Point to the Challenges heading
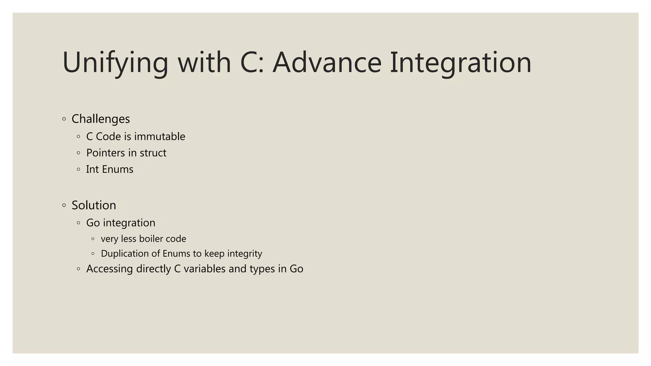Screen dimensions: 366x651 coord(100,119)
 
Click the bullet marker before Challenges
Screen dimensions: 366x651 coord(64,119)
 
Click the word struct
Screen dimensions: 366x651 coord(153,153)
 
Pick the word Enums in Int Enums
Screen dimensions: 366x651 coord(118,169)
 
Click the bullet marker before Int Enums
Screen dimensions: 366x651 coord(79,169)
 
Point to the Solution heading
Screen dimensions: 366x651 coord(94,205)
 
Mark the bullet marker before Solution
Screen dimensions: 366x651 coord(64,206)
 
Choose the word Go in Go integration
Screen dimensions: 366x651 coord(93,223)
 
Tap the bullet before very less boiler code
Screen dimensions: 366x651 coord(93,239)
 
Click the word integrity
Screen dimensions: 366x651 coord(244,254)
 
